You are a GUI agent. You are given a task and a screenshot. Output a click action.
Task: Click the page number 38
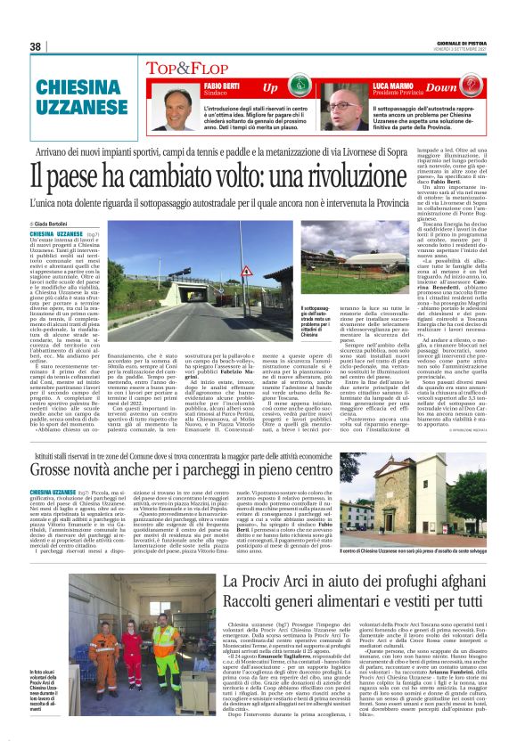point(36,46)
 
